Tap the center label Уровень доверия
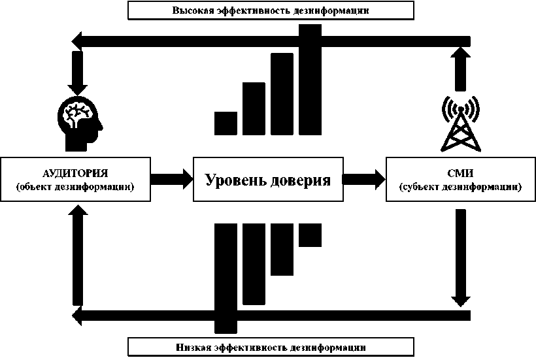pos(268,180)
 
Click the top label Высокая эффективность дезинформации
pos(271,10)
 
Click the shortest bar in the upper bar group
pos(226,123)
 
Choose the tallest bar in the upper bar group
pos(310,78)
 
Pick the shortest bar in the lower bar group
pos(310,235)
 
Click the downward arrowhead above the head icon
pos(78,86)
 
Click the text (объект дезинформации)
pos(75,188)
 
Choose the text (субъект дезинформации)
pos(461,188)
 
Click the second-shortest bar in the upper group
pos(254,108)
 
